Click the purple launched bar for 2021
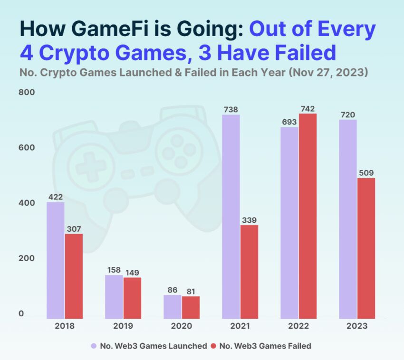231,217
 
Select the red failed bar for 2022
308,216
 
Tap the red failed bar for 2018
74,276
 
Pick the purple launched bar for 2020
172,307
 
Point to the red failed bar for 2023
366,248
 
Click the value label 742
308,109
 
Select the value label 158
114,270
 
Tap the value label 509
366,173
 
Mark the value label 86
172,290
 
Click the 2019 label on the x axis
123,326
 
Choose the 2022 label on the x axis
298,326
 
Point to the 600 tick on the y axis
27,147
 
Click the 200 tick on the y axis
27,258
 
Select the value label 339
249,219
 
